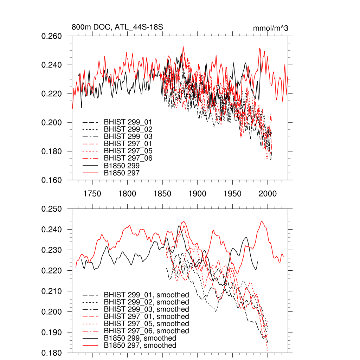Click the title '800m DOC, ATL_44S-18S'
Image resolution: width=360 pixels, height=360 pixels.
click(x=117, y=27)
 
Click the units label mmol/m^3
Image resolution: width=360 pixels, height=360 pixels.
click(x=270, y=28)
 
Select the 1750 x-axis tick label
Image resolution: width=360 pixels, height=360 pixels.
click(x=92, y=194)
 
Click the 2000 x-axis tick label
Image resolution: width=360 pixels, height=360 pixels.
click(x=268, y=194)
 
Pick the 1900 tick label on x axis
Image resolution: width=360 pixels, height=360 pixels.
click(x=197, y=194)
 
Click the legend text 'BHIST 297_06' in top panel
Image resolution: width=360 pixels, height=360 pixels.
click(x=128, y=158)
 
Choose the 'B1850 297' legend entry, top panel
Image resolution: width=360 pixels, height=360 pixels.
click(x=122, y=173)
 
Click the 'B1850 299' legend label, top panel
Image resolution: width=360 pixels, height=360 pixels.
click(x=122, y=165)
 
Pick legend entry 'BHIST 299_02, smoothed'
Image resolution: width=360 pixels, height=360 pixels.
click(x=146, y=302)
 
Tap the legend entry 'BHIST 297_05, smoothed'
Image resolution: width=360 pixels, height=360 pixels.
click(x=146, y=324)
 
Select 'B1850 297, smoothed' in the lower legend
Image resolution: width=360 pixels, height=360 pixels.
click(x=140, y=346)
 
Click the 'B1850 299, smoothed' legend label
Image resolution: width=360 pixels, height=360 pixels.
click(x=140, y=338)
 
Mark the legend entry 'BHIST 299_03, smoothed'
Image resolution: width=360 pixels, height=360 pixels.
click(x=146, y=309)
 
